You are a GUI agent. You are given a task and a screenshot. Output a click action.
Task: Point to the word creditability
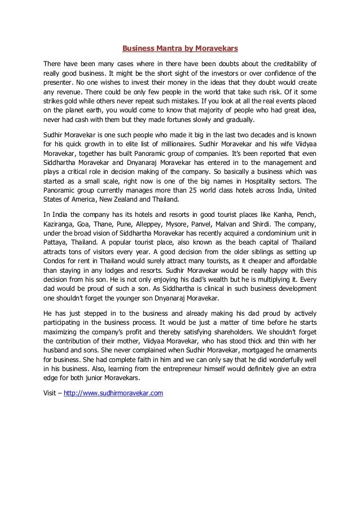pos(284,63)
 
